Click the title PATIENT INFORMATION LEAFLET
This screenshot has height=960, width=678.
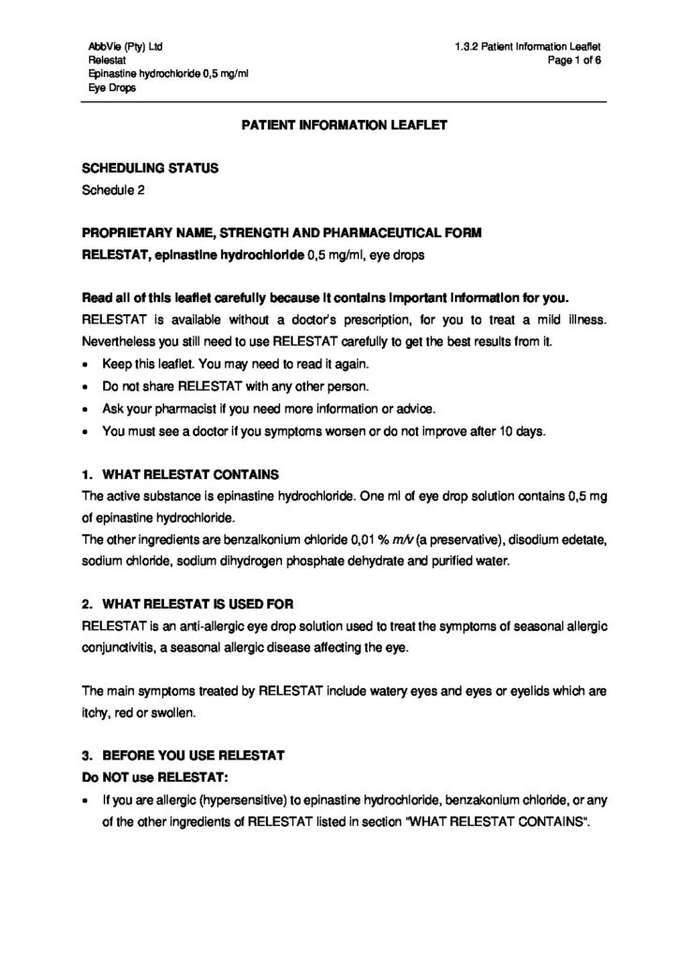[x=339, y=123]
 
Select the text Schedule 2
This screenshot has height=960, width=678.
[x=113, y=189]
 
